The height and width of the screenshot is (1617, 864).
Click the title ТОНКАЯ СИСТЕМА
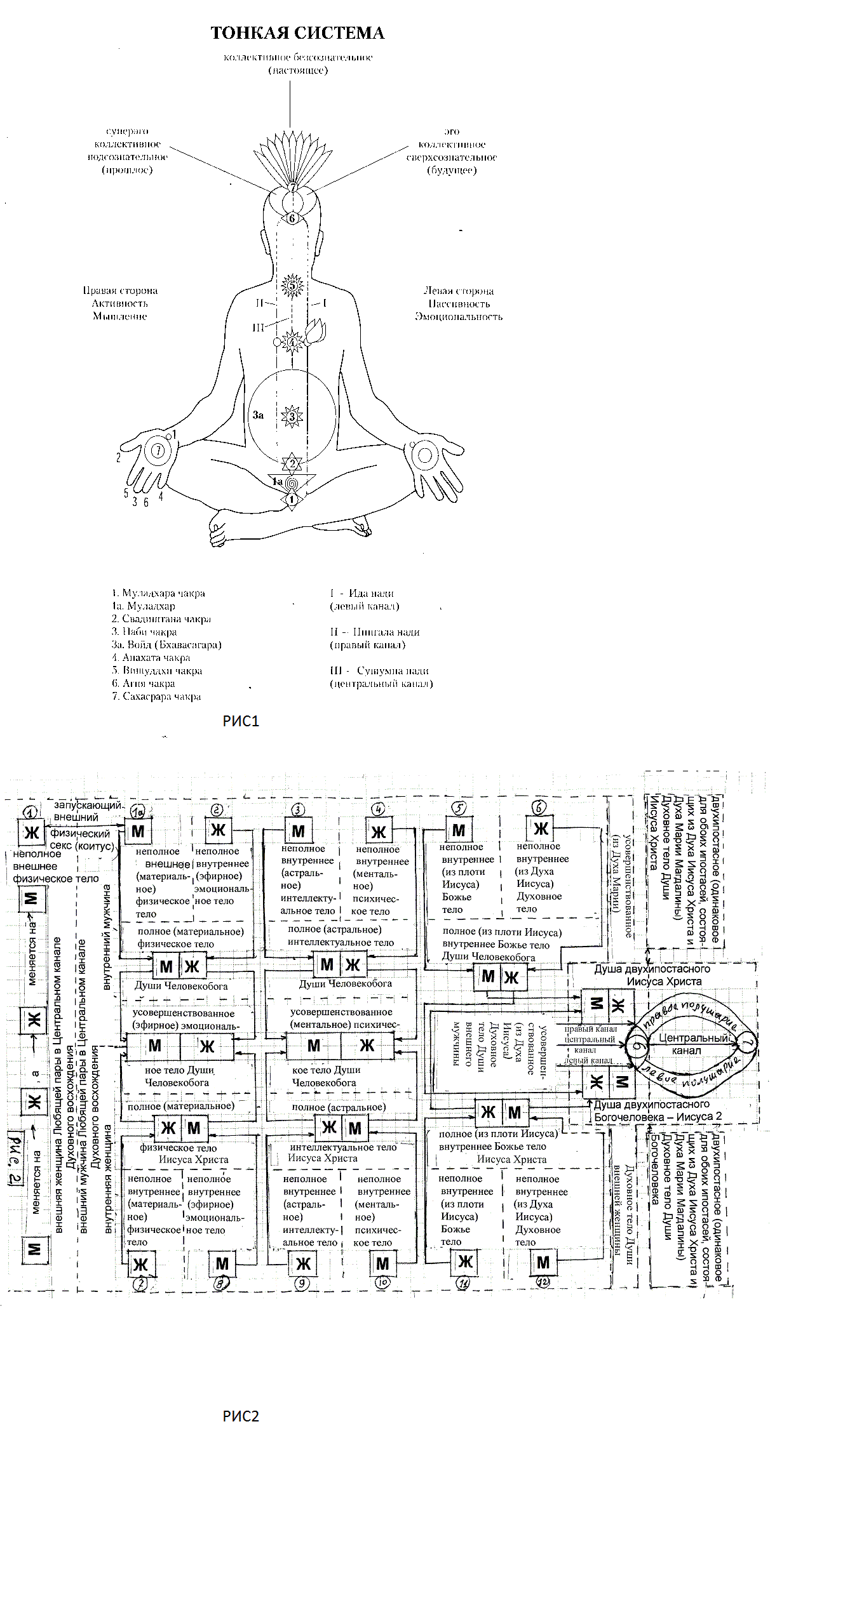297,33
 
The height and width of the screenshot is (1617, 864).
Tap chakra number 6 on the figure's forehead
292,218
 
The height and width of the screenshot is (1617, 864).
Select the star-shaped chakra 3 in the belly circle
292,416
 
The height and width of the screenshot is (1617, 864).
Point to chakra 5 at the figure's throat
292,285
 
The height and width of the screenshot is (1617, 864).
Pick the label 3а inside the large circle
257,415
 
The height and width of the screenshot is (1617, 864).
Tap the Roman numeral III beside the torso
258,328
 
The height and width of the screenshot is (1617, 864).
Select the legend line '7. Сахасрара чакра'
161,696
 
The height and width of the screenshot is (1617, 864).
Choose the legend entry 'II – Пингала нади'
375,632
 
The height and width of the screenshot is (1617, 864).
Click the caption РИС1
241,721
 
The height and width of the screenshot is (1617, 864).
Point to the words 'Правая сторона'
120,291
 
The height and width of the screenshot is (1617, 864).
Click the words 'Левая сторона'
458,291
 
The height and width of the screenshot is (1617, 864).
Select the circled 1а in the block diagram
138,811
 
